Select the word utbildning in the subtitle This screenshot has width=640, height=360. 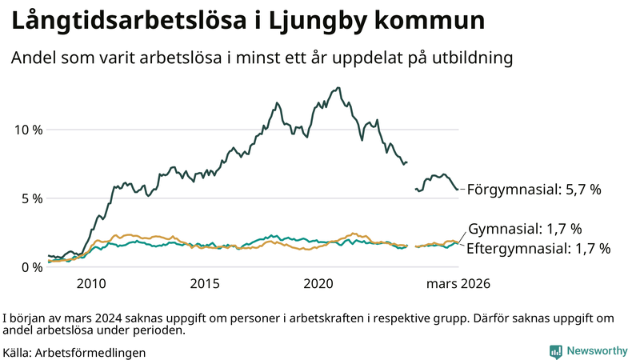(x=472, y=58)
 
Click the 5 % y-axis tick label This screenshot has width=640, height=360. (x=32, y=198)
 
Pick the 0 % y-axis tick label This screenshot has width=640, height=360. (x=32, y=267)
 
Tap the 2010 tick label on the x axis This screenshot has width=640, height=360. (x=91, y=284)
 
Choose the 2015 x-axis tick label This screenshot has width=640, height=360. (x=205, y=284)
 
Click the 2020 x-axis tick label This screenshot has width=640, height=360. (x=319, y=284)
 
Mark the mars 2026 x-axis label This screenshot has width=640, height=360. (x=458, y=284)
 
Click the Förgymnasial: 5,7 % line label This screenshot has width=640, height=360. (x=534, y=190)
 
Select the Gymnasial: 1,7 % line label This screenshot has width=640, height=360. (x=524, y=229)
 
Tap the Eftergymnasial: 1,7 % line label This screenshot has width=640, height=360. (x=538, y=248)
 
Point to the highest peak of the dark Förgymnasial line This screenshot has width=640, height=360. (x=338, y=88)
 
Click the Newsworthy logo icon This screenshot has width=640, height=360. (x=555, y=351)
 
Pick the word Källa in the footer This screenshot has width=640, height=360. (x=18, y=352)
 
